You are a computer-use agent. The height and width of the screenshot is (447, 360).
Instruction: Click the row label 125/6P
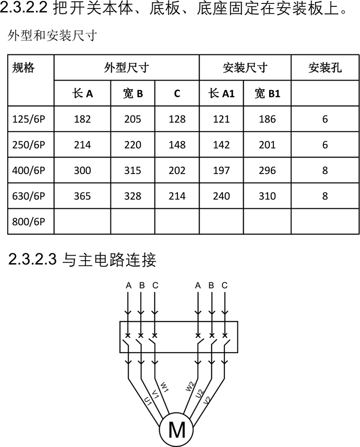[29, 119]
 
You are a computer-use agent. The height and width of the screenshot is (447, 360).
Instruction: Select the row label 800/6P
[29, 222]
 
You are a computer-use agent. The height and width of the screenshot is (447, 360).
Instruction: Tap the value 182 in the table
[82, 119]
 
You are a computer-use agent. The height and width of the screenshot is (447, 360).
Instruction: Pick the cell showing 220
[132, 145]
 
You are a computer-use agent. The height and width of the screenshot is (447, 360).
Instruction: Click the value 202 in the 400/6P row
[177, 171]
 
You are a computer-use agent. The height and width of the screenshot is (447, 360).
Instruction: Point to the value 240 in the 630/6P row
[221, 196]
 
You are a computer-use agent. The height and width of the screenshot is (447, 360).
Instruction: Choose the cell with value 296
[267, 171]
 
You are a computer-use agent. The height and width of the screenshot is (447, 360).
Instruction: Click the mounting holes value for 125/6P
[325, 119]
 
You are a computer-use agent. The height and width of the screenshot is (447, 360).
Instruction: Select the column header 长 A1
[221, 93]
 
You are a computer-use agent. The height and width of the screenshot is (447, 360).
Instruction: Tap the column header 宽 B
[133, 93]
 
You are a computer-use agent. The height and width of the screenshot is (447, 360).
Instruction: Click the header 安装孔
[325, 68]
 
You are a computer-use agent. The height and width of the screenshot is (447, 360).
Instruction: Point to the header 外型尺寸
[126, 68]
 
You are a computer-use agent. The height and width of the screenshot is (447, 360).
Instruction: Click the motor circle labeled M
[177, 429]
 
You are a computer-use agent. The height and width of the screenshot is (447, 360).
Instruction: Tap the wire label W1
[165, 387]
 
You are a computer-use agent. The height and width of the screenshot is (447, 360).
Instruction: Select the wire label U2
[199, 394]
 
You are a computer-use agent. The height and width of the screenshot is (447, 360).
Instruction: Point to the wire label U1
[147, 401]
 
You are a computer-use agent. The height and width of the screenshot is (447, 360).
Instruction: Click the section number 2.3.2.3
[32, 259]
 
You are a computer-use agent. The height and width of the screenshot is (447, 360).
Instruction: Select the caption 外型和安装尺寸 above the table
[52, 36]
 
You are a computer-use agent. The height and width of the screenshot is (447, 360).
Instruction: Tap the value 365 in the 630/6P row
[82, 196]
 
